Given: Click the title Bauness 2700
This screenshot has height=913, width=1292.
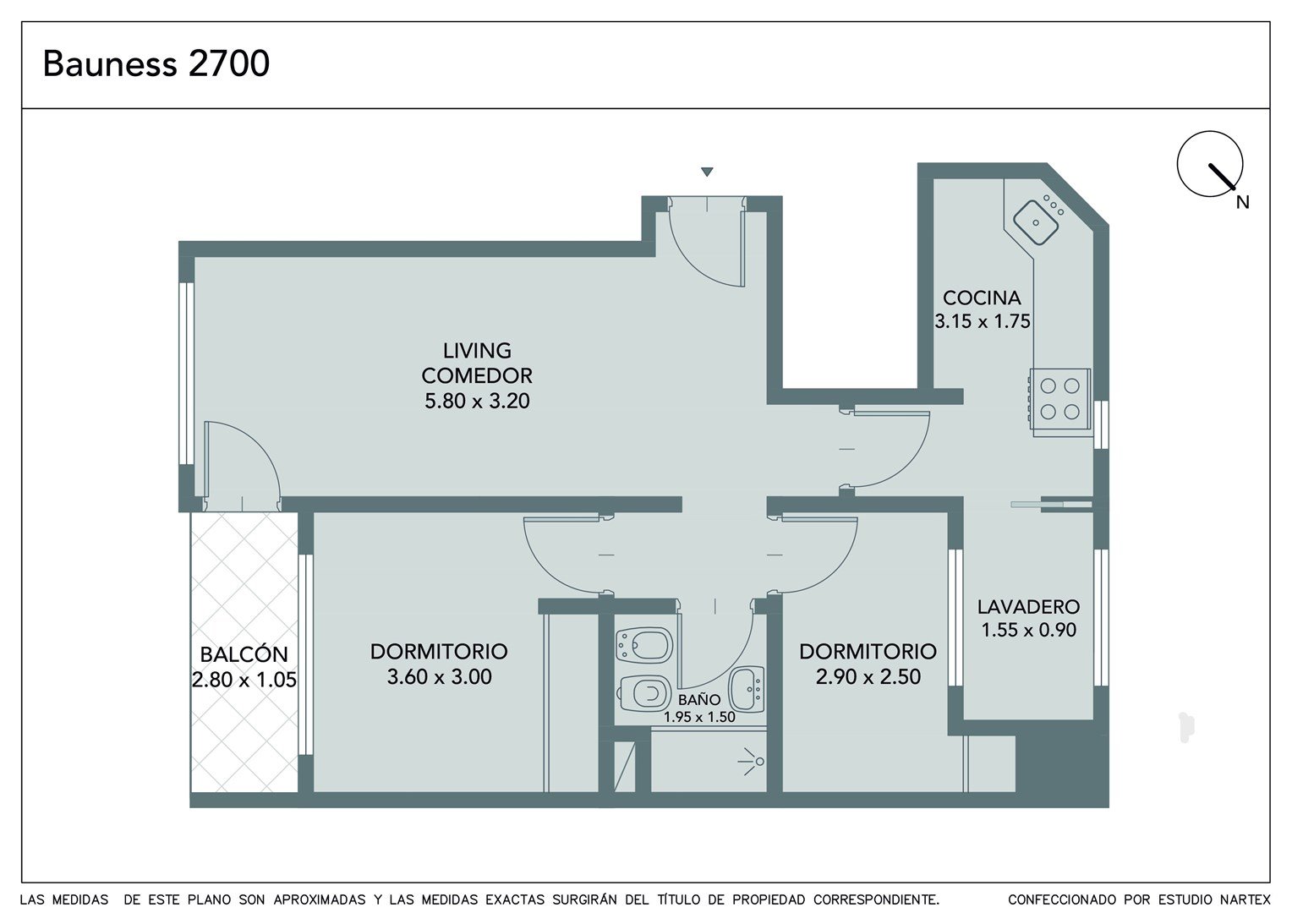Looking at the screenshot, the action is (156, 63).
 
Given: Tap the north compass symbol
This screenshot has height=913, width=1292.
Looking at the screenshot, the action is (1210, 164).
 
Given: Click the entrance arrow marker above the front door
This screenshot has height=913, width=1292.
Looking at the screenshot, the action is (707, 172).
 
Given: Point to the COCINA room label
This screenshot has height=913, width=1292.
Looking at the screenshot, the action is (982, 298).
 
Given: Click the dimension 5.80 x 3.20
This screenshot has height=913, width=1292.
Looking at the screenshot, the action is (477, 401).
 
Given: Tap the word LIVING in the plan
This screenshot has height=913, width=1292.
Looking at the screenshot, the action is (477, 351).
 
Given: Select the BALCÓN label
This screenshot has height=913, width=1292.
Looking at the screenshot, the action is (244, 654).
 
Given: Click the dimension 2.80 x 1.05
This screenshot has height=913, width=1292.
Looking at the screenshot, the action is (244, 680).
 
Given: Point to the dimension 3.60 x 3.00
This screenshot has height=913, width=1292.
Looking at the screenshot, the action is (439, 676).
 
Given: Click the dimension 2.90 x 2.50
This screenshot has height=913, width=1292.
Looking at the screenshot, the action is (868, 676).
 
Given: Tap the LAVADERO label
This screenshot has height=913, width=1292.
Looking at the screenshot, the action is (1028, 607).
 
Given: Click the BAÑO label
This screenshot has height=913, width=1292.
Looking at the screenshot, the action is (699, 700).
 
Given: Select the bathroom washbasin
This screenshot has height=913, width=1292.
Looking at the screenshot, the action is (747, 689).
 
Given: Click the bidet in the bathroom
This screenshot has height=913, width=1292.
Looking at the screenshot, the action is (644, 645).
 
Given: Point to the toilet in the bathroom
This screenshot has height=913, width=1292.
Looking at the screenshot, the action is (644, 694).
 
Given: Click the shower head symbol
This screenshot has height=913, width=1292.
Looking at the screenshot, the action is (752, 762).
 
